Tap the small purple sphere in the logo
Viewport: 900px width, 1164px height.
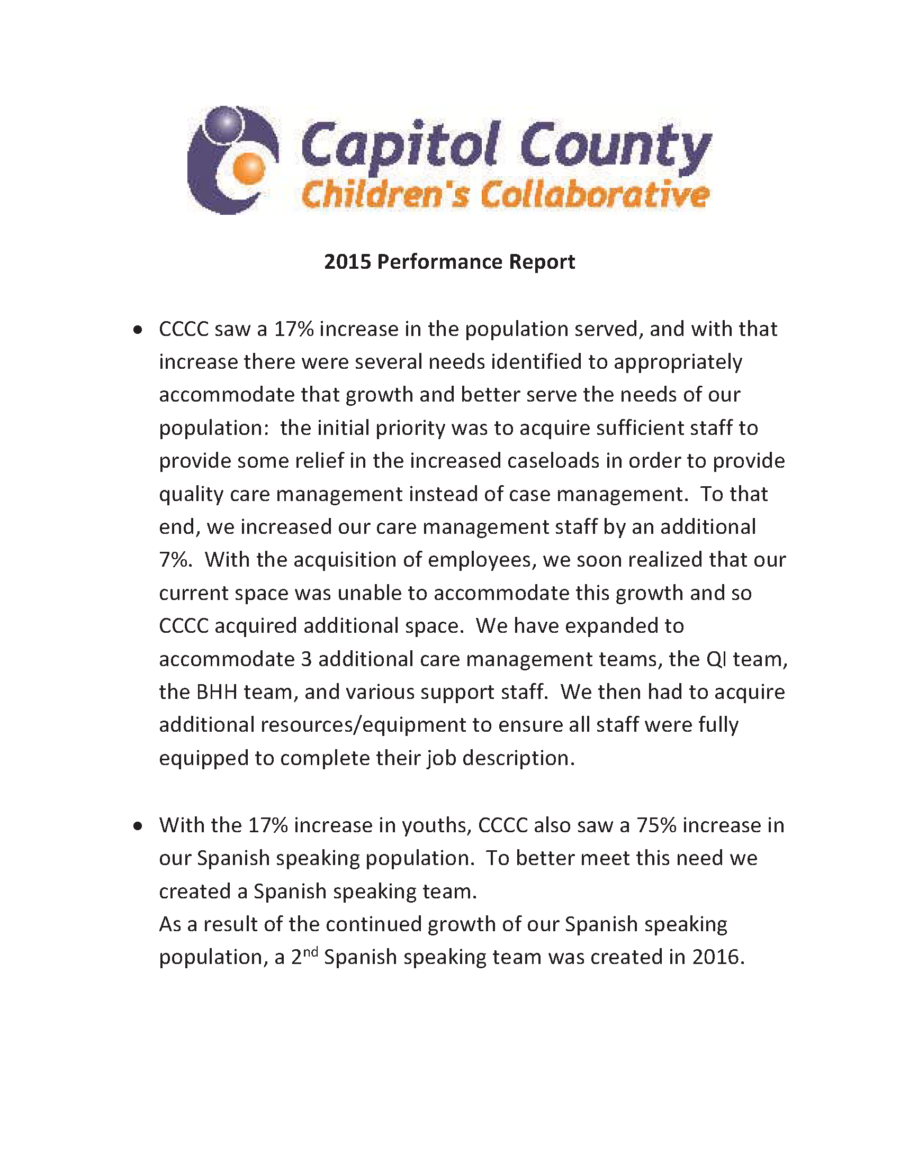point(227,123)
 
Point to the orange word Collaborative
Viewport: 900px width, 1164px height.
point(595,195)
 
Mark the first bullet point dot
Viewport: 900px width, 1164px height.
point(138,331)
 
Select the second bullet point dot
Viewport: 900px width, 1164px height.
point(138,826)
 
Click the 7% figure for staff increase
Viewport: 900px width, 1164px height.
point(174,560)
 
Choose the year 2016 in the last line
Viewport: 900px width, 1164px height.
point(717,957)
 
